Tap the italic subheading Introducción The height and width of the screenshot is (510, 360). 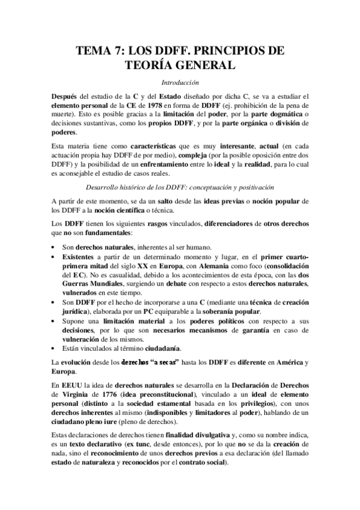(x=179, y=82)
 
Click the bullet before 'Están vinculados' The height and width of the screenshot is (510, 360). (x=54, y=349)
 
